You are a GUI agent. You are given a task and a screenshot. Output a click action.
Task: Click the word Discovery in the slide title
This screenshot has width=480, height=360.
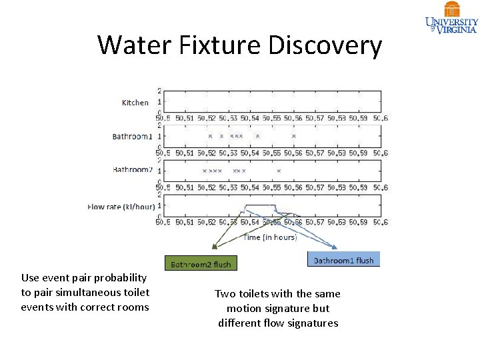(325, 45)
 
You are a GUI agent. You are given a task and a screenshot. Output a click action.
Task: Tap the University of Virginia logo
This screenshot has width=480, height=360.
(452, 18)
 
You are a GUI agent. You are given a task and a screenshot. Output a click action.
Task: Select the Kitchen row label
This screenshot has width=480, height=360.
(135, 103)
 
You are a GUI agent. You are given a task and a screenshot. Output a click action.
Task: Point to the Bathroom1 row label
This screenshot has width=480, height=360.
(132, 137)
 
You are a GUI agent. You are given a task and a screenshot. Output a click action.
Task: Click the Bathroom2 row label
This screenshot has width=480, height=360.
(132, 170)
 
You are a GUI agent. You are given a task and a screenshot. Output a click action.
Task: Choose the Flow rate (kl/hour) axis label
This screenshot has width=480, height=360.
(121, 207)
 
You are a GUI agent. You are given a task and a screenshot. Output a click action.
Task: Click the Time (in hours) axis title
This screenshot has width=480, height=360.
(270, 237)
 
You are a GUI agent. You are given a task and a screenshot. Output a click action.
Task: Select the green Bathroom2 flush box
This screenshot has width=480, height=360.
(201, 264)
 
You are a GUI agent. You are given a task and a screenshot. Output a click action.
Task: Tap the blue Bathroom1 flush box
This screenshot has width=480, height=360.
(343, 260)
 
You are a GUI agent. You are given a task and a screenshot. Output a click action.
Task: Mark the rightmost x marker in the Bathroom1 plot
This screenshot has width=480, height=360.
(293, 136)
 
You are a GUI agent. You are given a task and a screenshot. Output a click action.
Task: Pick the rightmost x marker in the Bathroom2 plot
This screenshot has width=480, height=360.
(279, 171)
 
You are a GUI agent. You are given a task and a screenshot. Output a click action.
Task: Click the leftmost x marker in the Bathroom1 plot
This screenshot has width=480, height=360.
(210, 136)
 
